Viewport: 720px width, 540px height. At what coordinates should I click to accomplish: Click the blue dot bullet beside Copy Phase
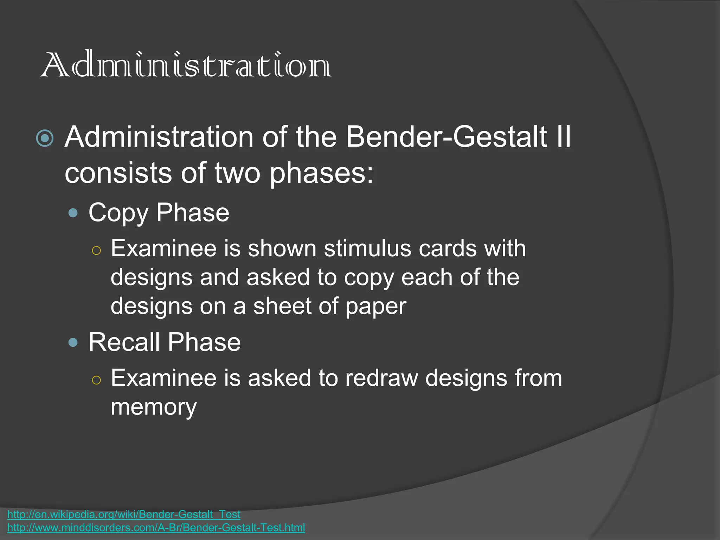(73, 213)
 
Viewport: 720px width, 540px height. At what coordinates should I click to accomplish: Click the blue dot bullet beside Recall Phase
(73, 342)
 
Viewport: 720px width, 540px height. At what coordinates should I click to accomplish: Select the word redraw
(381, 378)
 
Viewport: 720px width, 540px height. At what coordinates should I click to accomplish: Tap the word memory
(154, 408)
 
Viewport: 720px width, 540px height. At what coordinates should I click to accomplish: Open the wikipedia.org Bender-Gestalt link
(124, 514)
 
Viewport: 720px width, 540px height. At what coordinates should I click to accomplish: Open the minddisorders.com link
(156, 528)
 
